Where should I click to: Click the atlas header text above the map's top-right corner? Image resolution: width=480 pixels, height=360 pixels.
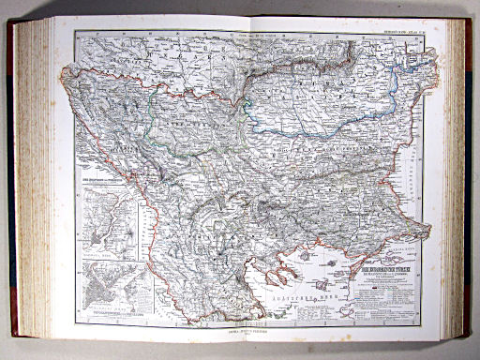[409, 29]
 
